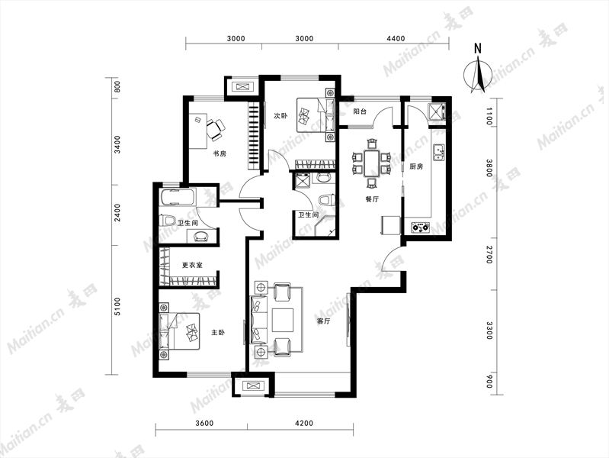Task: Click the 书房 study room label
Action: [220, 153]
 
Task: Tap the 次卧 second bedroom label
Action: [280, 116]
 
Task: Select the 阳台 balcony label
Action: [360, 111]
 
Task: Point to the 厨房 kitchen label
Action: [416, 166]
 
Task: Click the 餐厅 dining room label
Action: [372, 199]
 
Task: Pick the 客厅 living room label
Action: [323, 321]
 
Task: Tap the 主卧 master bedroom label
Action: [218, 333]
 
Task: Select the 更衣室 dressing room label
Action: [192, 266]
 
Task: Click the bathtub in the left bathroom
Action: [177, 198]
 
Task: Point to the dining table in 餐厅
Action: [371, 163]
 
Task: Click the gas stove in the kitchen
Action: [420, 227]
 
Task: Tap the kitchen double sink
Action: [439, 152]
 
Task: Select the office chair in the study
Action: [215, 129]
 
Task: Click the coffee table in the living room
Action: [283, 320]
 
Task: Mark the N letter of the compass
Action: [478, 49]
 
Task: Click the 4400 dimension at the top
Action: [396, 38]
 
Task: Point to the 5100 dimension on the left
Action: [117, 306]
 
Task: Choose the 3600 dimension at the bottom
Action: [204, 424]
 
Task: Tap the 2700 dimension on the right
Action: [489, 254]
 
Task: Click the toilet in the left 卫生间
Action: [168, 221]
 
